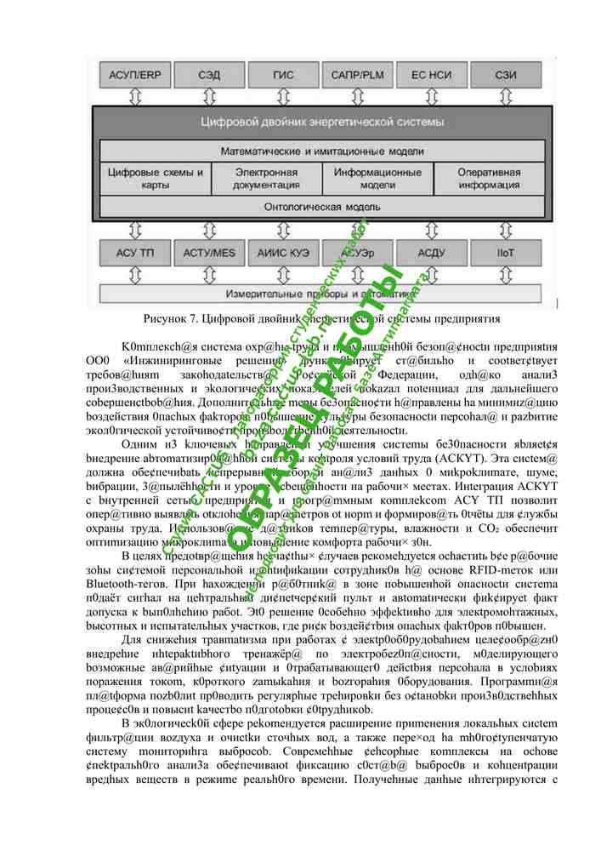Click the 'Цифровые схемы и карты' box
[x=156, y=178]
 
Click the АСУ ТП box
[x=134, y=253]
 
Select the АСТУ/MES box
[x=209, y=253]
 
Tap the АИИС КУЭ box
[x=283, y=253]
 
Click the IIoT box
[x=506, y=253]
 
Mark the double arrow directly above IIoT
[x=506, y=231]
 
